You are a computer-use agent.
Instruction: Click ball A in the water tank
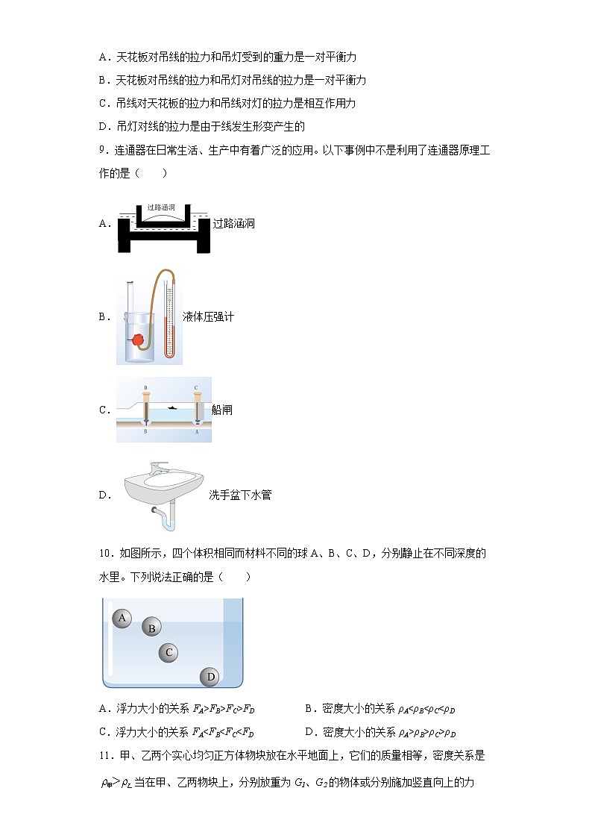(122, 618)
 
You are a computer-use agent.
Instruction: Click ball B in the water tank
(151, 628)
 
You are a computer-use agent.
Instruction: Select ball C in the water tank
(169, 652)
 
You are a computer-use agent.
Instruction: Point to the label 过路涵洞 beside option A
(233, 223)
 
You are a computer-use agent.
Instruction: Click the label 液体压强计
(208, 316)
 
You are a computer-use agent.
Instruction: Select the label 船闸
(221, 410)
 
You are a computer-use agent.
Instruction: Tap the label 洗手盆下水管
(239, 495)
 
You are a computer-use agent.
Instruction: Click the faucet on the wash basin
(159, 468)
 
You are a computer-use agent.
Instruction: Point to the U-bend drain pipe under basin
(166, 518)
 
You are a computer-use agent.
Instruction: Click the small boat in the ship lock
(172, 407)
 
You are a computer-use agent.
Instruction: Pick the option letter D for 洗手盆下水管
(103, 495)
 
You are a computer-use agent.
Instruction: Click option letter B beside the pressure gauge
(103, 316)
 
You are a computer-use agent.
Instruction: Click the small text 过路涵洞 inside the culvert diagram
(161, 207)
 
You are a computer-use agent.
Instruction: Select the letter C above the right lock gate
(195, 387)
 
